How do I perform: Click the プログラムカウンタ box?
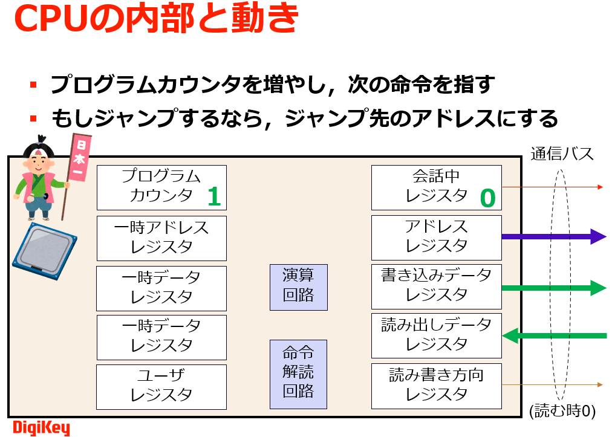click(x=161, y=186)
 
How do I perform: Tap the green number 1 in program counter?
click(x=214, y=196)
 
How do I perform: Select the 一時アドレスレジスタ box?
click(x=161, y=238)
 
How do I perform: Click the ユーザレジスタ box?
click(x=161, y=386)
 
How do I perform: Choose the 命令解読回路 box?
click(x=298, y=374)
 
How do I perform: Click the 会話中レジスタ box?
click(x=436, y=186)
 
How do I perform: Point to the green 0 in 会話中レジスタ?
click(x=487, y=198)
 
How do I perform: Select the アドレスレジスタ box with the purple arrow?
click(x=436, y=236)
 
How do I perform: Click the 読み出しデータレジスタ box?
click(x=436, y=335)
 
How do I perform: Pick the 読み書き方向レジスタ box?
click(x=436, y=385)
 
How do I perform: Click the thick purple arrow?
click(x=553, y=236)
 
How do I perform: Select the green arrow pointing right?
click(x=553, y=288)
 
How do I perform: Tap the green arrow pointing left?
click(x=553, y=335)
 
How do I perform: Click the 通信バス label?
click(x=562, y=154)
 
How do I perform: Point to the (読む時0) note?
click(x=562, y=412)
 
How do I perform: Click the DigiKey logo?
click(x=41, y=428)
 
